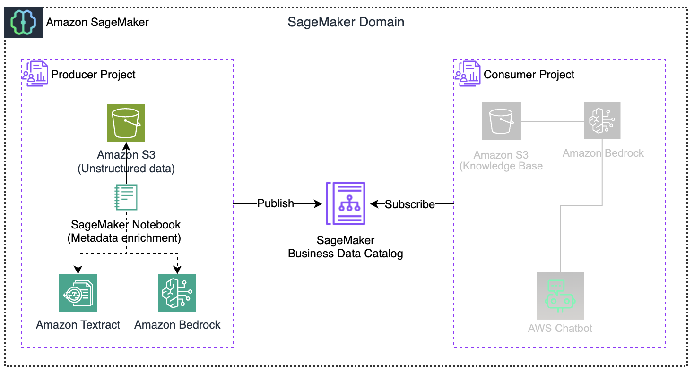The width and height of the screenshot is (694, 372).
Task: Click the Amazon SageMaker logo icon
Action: pos(23,22)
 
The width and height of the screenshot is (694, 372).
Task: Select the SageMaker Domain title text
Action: pos(346,22)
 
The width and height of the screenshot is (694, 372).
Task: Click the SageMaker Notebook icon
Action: pos(126,197)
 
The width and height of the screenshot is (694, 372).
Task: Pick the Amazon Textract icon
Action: pos(78,293)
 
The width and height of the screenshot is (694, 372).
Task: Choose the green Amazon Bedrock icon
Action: pos(177,293)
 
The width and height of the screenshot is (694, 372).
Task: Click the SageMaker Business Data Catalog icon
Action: pos(345,203)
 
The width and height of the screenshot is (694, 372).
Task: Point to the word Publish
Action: pos(276,203)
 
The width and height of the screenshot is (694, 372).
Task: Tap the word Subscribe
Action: pos(410,204)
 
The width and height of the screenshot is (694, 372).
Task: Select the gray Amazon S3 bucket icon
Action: pos(502,121)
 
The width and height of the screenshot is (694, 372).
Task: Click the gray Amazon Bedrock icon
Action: pos(602,121)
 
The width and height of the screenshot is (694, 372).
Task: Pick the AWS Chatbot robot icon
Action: pos(560,296)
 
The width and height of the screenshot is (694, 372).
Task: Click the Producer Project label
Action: pos(93,75)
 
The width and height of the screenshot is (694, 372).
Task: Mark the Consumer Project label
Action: pos(529,75)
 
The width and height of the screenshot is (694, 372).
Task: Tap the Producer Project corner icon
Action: pos(35,73)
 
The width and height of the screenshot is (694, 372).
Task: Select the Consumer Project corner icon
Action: pos(468,73)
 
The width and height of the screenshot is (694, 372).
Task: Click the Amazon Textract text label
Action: pos(78,325)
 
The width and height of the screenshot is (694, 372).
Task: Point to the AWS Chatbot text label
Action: pos(560,328)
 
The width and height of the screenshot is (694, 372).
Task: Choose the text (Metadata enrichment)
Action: pos(124,238)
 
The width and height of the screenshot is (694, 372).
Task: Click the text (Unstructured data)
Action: pos(126,169)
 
